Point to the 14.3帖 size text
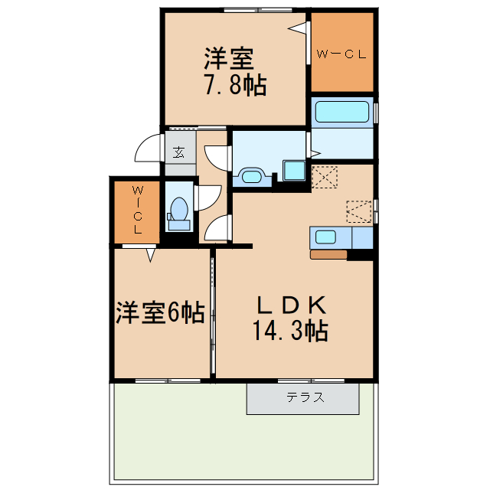pos(290,332)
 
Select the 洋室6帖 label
pos(159,312)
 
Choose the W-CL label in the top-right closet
pos(341,54)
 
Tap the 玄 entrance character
pos(178,151)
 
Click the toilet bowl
pos(179,209)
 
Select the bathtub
pos(341,112)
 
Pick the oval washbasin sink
pos(252,175)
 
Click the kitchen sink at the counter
pos(324,236)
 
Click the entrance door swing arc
pos(147,150)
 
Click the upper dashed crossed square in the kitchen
pos(325,177)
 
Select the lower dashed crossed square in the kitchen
pos(358,211)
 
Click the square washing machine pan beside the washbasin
pos(293,170)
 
